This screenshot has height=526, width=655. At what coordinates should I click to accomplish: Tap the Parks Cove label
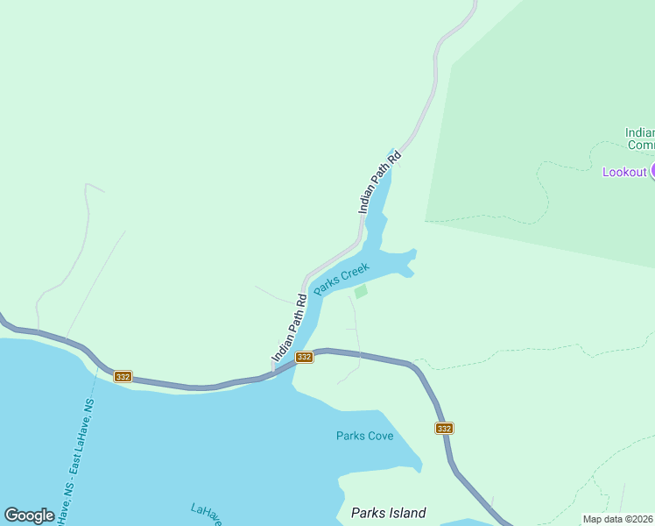tap(364, 436)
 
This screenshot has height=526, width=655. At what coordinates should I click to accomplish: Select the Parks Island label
tap(388, 513)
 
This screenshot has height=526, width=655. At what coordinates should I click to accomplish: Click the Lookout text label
tap(624, 172)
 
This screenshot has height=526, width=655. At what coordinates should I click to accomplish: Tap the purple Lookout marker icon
tap(652, 172)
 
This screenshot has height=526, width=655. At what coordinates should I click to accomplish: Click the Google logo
tap(29, 515)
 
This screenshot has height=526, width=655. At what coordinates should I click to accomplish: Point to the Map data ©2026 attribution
tap(618, 519)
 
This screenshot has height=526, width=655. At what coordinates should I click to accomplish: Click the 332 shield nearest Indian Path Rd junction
tap(304, 357)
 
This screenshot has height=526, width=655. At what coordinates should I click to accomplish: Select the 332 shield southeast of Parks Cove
tap(444, 428)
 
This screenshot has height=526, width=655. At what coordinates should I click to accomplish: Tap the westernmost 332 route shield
tap(122, 376)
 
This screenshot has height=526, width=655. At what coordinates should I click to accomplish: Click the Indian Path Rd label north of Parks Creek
tap(379, 182)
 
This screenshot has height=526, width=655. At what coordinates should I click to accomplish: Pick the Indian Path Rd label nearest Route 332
tap(290, 328)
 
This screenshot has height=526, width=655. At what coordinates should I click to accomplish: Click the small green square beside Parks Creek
tap(361, 291)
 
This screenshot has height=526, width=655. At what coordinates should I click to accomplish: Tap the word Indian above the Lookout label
tap(639, 133)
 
